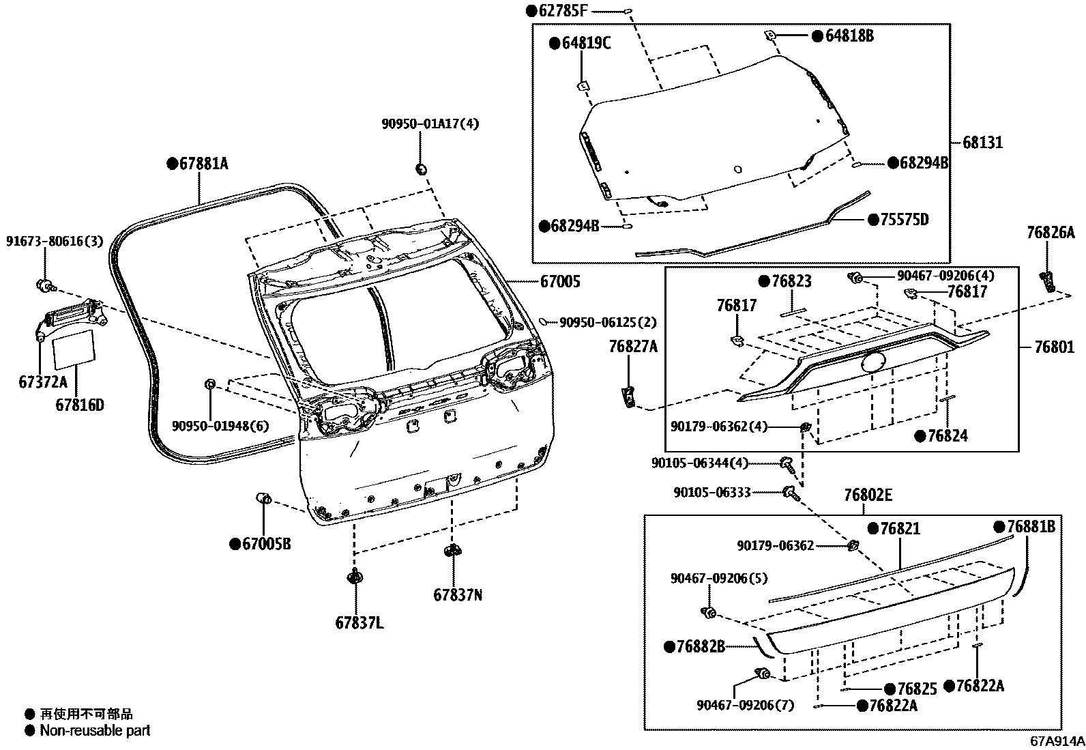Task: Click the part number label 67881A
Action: [203, 164]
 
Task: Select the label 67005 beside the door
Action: [560, 281]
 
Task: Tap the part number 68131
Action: [983, 143]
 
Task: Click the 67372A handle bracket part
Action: [68, 319]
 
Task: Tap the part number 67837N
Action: [458, 595]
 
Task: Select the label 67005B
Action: [266, 544]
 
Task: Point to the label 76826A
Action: [1051, 233]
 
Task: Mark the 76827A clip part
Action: [629, 396]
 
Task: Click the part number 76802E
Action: [867, 495]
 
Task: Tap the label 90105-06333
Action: [712, 492]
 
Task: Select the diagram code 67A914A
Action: [1057, 741]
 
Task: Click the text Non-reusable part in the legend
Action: [95, 731]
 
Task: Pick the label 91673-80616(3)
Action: [55, 241]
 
